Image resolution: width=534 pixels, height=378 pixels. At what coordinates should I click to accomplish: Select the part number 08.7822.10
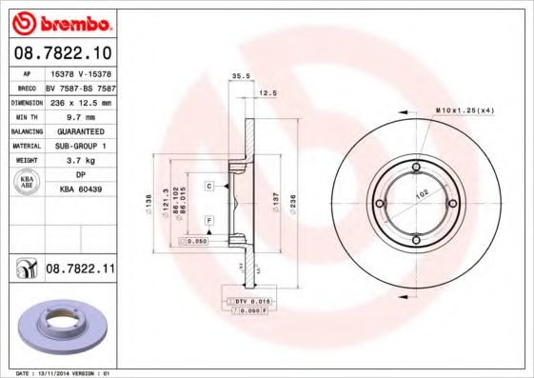pyautogui.click(x=62, y=51)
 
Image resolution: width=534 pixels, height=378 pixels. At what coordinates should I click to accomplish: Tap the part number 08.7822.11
pyautogui.click(x=80, y=270)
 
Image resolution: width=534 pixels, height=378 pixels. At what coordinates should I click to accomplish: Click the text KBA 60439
pyautogui.click(x=81, y=189)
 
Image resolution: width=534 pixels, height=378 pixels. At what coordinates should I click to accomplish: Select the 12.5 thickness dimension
pyautogui.click(x=268, y=93)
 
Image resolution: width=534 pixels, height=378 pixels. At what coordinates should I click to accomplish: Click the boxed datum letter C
pyautogui.click(x=208, y=187)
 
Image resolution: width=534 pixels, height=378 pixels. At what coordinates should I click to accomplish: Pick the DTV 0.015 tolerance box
pyautogui.click(x=251, y=301)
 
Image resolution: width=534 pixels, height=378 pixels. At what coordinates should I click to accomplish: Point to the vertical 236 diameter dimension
pyautogui.click(x=293, y=201)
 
